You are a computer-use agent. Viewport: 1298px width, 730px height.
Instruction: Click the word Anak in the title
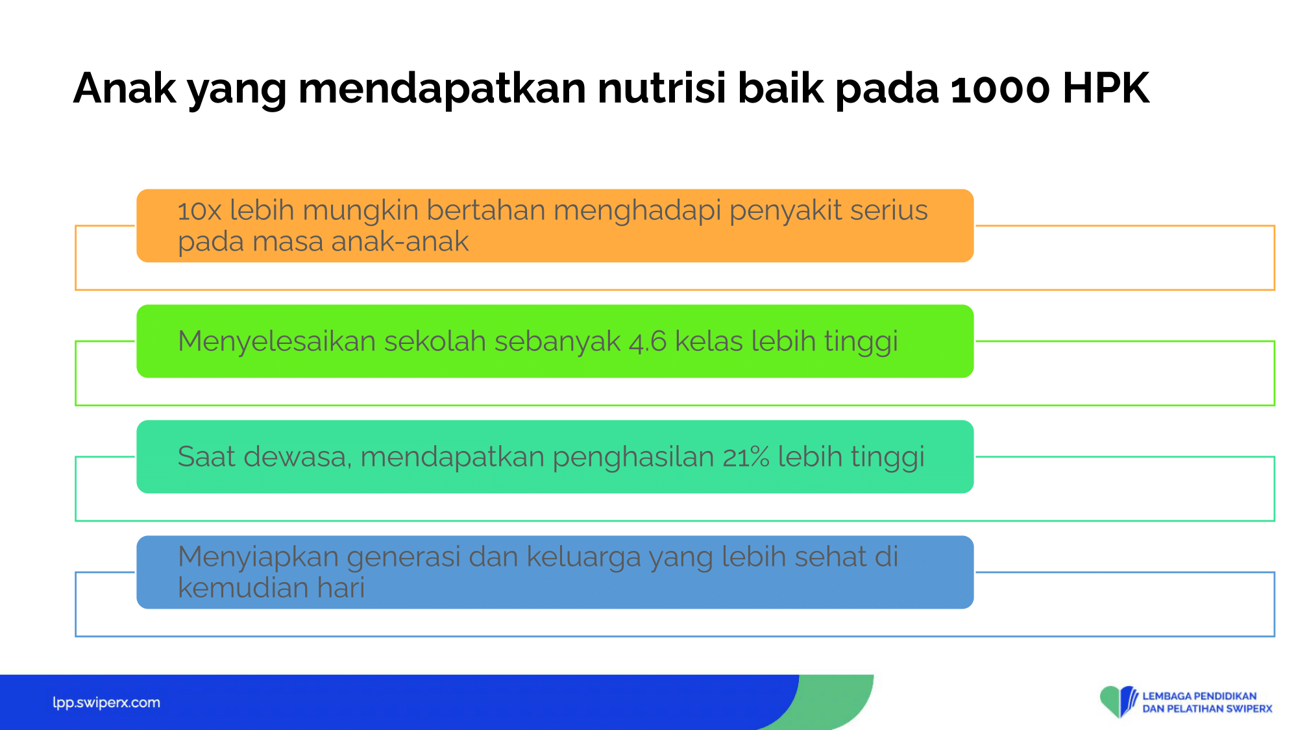[125, 88]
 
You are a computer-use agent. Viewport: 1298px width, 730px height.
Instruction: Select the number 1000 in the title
[1000, 88]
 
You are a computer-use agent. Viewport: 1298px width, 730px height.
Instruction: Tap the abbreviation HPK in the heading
[1107, 88]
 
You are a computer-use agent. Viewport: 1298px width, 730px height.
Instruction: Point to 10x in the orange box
[200, 211]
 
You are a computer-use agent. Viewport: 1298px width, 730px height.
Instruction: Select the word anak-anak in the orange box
[400, 241]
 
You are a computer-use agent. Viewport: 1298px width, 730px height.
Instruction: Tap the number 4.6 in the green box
[648, 341]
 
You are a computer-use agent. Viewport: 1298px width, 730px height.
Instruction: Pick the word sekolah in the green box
[435, 341]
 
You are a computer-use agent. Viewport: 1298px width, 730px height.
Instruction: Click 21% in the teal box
[746, 457]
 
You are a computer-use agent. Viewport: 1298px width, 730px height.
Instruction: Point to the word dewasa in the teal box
[298, 456]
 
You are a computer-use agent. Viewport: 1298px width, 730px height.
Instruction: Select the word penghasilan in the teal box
[633, 457]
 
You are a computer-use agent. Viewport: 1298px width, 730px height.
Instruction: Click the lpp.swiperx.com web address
[106, 703]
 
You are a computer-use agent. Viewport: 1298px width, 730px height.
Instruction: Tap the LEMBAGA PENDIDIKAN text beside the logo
[1199, 696]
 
